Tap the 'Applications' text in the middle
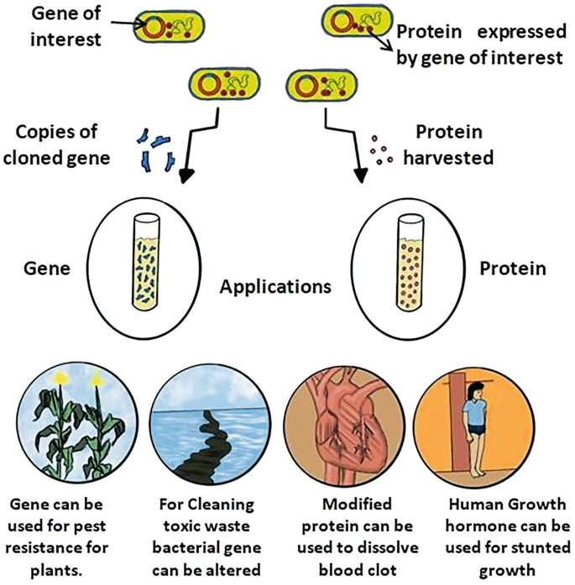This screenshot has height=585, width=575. [275, 287]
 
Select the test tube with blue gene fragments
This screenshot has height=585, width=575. [145, 260]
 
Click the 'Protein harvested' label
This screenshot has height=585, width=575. [452, 144]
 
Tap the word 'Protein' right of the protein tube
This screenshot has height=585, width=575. [512, 269]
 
